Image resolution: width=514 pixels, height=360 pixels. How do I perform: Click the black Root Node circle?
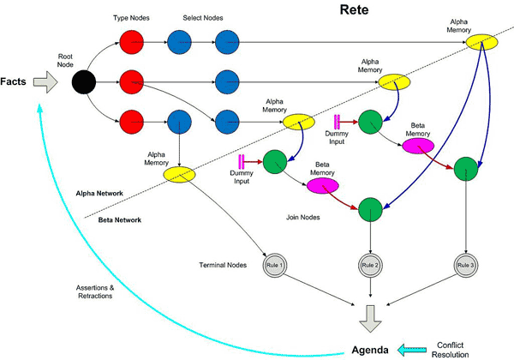pos(84,82)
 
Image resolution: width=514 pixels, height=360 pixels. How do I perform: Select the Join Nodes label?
pos(302,218)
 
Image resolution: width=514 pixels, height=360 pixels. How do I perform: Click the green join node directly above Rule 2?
pos(370,208)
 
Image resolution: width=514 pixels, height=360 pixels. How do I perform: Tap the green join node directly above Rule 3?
pos(465,168)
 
